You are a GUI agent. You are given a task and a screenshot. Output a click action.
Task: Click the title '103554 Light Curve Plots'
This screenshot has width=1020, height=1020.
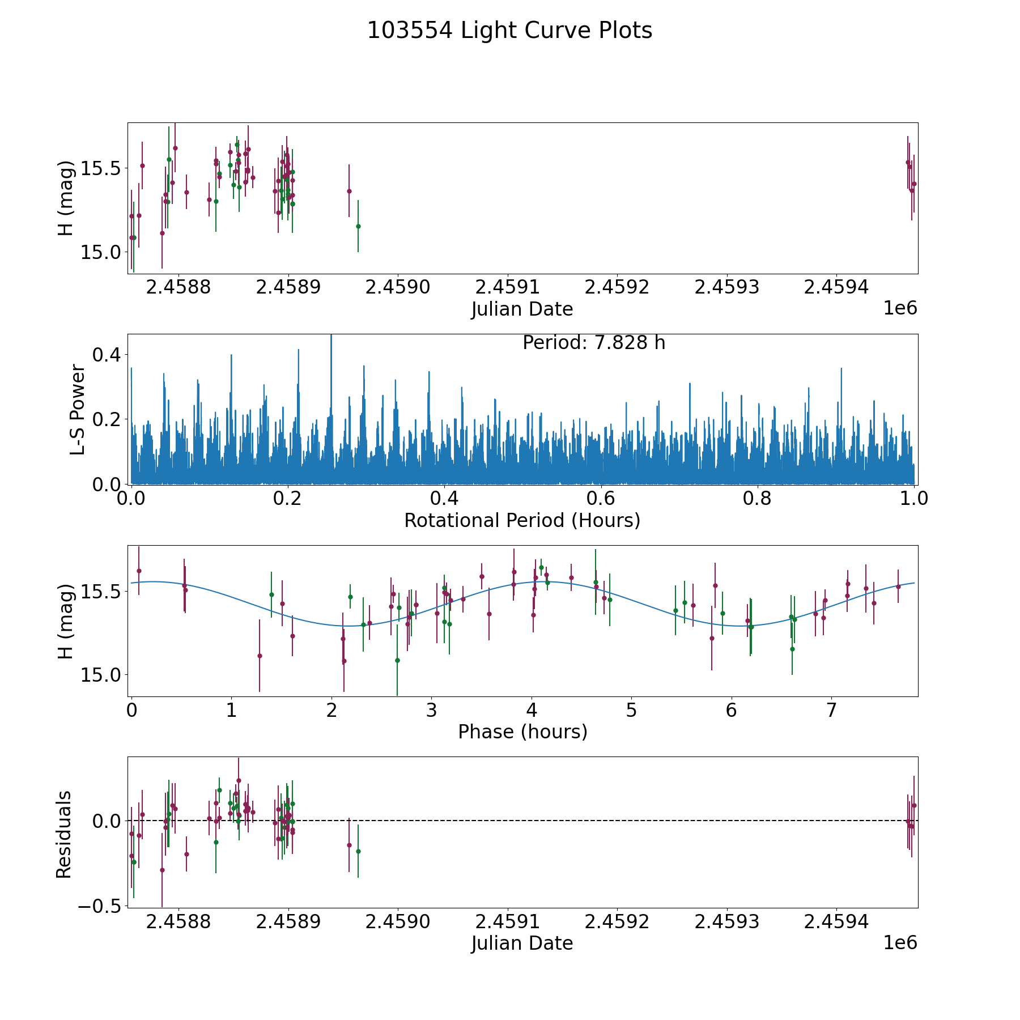coord(509,31)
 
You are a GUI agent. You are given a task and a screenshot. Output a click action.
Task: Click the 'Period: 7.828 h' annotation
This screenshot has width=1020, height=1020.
coord(593,343)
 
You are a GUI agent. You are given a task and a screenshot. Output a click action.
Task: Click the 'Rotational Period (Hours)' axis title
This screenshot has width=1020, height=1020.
coord(522,520)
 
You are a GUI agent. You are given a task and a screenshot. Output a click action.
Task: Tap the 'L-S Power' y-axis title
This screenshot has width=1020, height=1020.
coord(78,409)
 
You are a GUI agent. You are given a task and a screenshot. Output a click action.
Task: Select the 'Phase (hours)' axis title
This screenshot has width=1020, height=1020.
coord(522,732)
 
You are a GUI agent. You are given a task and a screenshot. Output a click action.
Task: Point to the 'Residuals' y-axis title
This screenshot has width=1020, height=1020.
coord(64,834)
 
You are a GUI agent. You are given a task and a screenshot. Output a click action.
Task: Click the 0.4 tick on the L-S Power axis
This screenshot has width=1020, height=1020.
coord(107,355)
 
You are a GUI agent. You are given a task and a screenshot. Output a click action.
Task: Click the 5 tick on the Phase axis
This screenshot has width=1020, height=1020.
coord(631,710)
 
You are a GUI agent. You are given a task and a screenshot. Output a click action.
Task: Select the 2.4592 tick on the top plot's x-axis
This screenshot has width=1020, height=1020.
coord(617,287)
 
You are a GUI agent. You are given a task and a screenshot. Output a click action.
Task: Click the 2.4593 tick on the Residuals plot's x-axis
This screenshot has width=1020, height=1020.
coord(726,922)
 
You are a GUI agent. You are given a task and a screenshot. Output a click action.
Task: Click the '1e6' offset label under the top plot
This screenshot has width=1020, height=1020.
coord(900,308)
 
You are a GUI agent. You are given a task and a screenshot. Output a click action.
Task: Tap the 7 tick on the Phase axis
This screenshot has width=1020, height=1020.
coord(831,710)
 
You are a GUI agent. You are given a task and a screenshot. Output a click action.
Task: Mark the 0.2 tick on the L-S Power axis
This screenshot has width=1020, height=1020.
coord(107,419)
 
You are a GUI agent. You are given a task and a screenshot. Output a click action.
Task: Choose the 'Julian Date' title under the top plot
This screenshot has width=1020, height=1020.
coord(522,309)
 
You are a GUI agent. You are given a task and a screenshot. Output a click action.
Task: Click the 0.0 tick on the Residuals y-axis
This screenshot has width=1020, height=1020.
coord(107,821)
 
